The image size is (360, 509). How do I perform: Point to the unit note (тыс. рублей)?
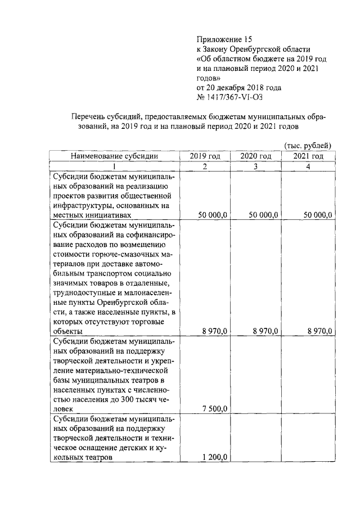click(x=308, y=145)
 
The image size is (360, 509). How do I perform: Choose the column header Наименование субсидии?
click(x=114, y=156)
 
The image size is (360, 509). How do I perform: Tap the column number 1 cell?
click(x=114, y=166)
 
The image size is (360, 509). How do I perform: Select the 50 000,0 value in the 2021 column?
click(x=318, y=215)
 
